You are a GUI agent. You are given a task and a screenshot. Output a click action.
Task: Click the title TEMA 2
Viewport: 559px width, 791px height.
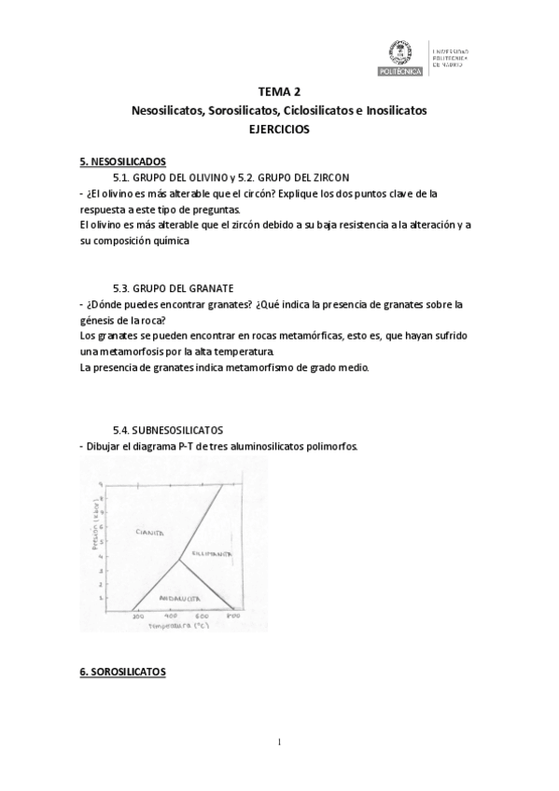(279, 91)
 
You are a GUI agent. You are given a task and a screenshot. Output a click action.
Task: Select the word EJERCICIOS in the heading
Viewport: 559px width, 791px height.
(279, 130)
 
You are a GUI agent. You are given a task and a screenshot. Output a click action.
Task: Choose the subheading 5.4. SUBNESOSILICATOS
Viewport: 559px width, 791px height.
(167, 430)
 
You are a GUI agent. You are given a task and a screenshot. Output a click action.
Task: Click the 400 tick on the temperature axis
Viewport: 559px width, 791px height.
(173, 618)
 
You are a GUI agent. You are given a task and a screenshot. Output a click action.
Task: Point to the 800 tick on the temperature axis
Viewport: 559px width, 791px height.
(233, 618)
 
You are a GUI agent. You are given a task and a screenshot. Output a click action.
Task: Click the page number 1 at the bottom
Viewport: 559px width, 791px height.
(279, 742)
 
